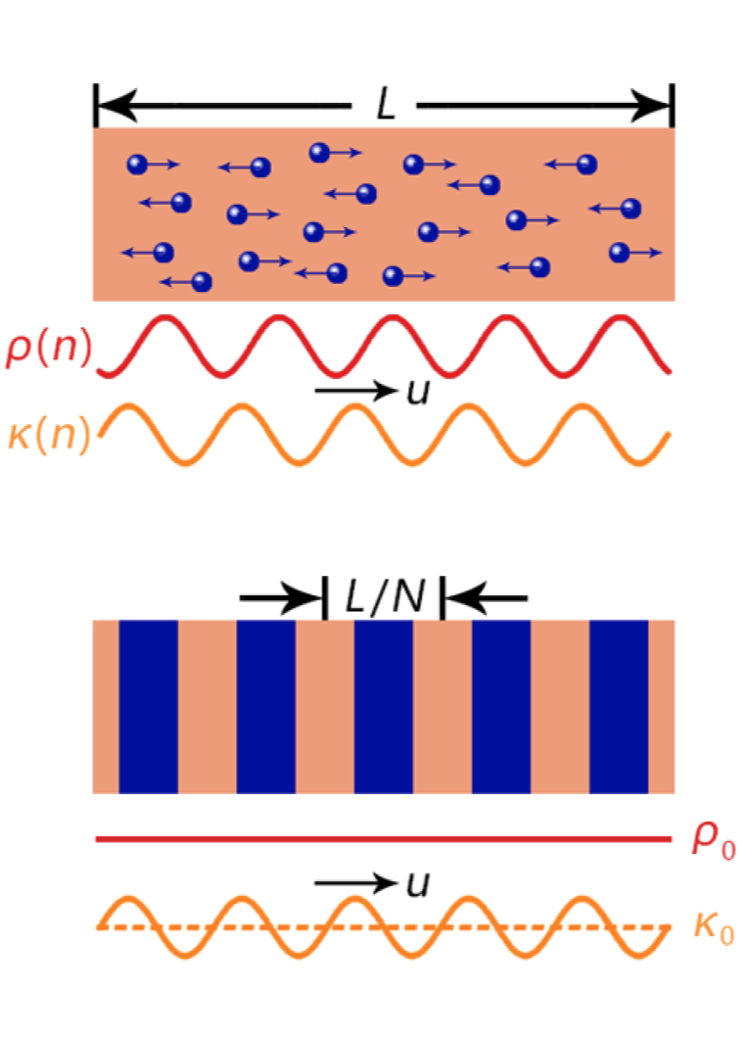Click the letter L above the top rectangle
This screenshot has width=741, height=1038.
point(386,105)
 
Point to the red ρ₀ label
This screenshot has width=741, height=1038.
point(713,839)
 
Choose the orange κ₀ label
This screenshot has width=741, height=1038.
point(714,927)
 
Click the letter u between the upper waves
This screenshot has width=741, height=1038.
point(418,392)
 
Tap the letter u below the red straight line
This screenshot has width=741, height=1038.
point(418,883)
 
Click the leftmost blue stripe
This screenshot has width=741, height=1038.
point(148,706)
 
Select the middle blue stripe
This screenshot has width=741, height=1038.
point(384,706)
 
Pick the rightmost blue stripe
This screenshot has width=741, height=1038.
point(619,706)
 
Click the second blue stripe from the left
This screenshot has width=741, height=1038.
point(266,706)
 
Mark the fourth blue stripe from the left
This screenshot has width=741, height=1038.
point(501,706)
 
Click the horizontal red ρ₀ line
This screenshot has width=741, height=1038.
point(384,839)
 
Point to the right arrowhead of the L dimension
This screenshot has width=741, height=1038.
point(651,105)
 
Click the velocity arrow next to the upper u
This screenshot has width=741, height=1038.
point(356,391)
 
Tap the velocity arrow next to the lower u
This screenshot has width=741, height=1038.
point(356,882)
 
